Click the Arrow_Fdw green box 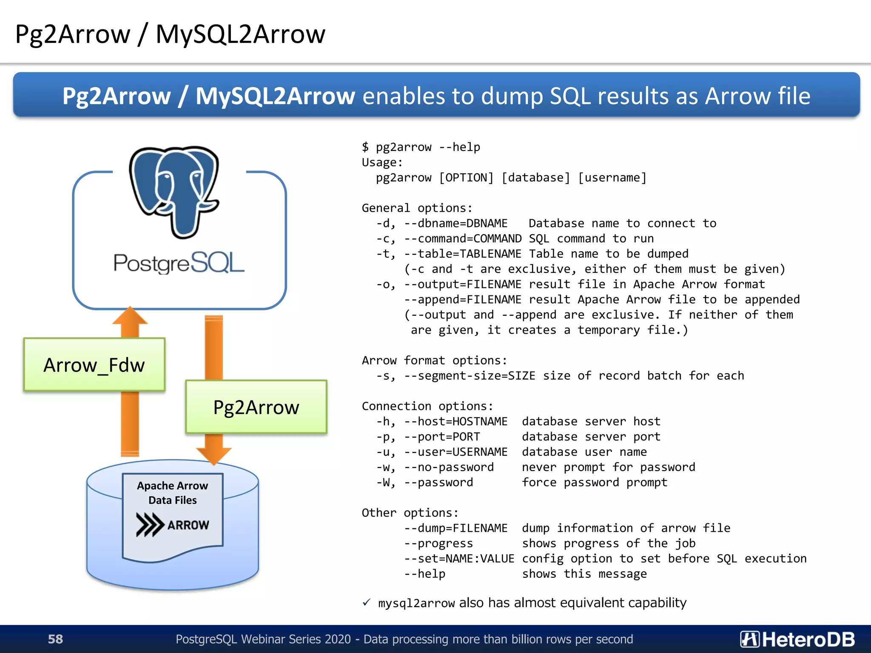[x=94, y=365]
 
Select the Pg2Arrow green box [x=256, y=407]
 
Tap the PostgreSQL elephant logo [x=174, y=191]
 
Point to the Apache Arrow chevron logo [x=150, y=525]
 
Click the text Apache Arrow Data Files [x=172, y=493]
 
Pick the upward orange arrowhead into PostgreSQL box [x=130, y=317]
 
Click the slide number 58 [x=55, y=639]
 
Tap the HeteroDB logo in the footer [x=797, y=639]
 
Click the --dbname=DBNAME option [x=455, y=223]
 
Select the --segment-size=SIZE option [x=470, y=376]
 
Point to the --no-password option [x=449, y=467]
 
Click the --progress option [x=438, y=543]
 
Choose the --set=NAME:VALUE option [x=459, y=559]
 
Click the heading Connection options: [x=427, y=406]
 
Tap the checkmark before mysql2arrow [x=367, y=603]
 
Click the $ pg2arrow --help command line [x=421, y=147]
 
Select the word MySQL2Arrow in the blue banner [x=275, y=96]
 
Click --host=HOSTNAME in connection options [x=455, y=421]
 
